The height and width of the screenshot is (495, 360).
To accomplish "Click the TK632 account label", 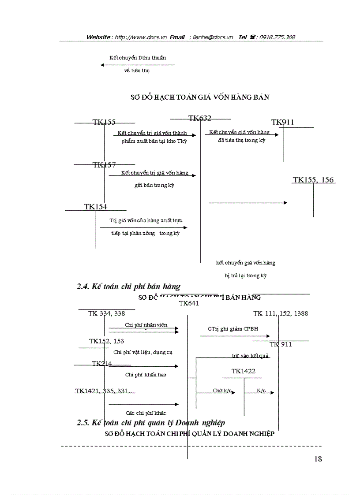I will tap(200, 118).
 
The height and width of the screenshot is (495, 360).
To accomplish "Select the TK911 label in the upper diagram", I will tap(282, 123).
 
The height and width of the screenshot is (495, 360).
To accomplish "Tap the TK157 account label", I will tap(104, 165).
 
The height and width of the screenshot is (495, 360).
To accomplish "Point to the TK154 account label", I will tap(96, 207).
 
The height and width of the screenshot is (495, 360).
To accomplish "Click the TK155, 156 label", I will tap(314, 180).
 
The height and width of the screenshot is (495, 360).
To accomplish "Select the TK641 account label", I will tap(189, 303).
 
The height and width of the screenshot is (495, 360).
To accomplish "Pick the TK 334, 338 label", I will tap(106, 314).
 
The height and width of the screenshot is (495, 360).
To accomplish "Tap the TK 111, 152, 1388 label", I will tap(281, 314).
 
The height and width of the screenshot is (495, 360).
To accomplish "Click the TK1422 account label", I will tap(243, 372).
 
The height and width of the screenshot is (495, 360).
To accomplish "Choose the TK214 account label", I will tap(102, 364).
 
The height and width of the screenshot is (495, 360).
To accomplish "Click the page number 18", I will tap(318, 459).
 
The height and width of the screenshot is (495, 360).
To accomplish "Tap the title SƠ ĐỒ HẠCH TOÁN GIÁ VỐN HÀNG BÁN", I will tap(199, 97).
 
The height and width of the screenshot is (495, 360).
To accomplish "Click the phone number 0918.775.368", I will tap(277, 37).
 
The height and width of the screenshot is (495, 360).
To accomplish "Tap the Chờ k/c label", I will tap(220, 391).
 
